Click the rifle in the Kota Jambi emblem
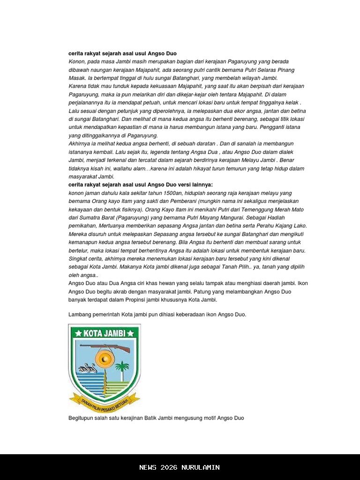click(x=105, y=348)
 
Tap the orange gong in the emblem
click(x=105, y=360)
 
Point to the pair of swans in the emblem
click(x=88, y=368)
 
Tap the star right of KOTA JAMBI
click(x=131, y=333)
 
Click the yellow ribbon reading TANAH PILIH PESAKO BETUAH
click(x=104, y=401)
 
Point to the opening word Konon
click(x=76, y=61)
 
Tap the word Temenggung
click(x=262, y=210)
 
